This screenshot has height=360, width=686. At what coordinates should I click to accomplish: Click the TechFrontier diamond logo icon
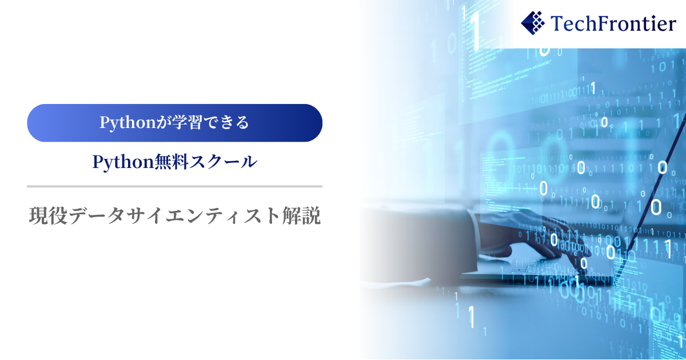(533, 23)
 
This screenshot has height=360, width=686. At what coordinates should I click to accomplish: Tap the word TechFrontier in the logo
(613, 23)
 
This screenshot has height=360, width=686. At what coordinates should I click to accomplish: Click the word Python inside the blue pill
(127, 123)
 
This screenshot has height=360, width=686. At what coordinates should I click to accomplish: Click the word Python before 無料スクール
(123, 162)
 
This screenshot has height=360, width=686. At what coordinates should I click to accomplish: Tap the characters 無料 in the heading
(171, 162)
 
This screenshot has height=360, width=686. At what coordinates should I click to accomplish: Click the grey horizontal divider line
(174, 186)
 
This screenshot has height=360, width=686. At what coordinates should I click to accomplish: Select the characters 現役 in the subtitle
(48, 215)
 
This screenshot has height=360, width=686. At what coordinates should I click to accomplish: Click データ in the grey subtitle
(96, 215)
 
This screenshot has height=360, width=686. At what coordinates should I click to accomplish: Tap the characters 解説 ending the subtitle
(301, 215)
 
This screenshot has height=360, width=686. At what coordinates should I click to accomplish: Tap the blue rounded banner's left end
(34, 123)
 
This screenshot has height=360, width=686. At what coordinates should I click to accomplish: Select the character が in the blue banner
(163, 122)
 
